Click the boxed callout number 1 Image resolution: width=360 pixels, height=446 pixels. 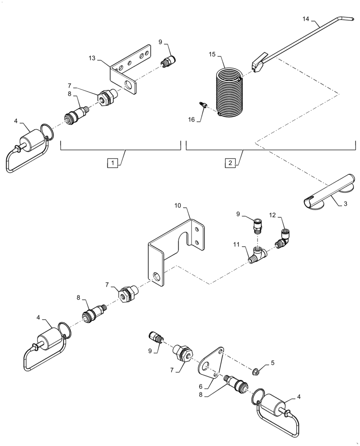tap(113, 163)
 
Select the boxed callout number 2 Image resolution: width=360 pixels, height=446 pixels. tap(230, 163)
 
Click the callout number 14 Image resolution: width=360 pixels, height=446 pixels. tap(305, 20)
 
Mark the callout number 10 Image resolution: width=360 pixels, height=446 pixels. tap(178, 206)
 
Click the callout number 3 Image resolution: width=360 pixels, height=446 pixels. tap(345, 205)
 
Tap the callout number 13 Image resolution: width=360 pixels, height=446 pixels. tap(92, 58)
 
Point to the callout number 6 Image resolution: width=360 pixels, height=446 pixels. tap(201, 386)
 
